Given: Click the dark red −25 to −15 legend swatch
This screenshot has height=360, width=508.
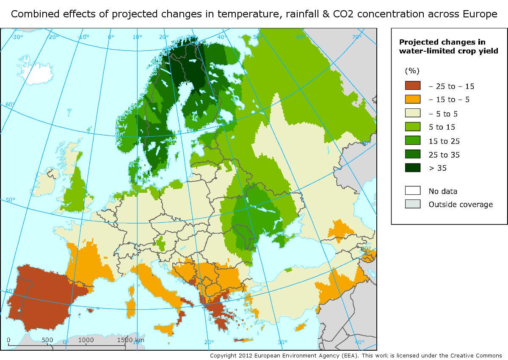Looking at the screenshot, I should click(413, 86).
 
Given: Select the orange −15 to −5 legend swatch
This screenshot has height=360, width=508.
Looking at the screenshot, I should click(413, 100).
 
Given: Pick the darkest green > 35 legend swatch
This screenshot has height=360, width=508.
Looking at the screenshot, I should click(413, 168).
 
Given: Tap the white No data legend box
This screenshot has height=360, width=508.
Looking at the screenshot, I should click(413, 191).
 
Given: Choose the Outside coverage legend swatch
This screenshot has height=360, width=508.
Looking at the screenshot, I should click(413, 204).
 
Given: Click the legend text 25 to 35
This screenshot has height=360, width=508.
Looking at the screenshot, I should click(444, 155).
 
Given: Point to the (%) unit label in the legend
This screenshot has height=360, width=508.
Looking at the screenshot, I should click(412, 70).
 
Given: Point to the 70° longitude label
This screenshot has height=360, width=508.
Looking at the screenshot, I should click(356, 37).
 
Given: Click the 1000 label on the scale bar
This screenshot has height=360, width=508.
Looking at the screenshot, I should click(86, 340).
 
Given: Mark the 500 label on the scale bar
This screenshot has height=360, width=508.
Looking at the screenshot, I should click(47, 340).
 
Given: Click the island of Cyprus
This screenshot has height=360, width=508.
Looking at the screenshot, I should click(301, 327).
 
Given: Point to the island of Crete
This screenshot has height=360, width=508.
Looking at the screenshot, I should click(244, 340).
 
